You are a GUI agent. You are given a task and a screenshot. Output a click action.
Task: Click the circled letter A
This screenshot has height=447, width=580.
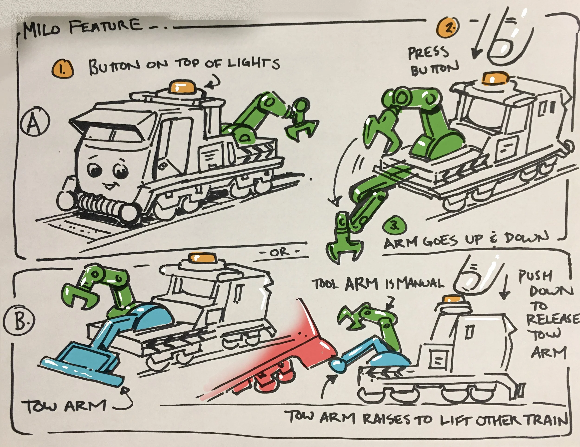click(35, 122)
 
